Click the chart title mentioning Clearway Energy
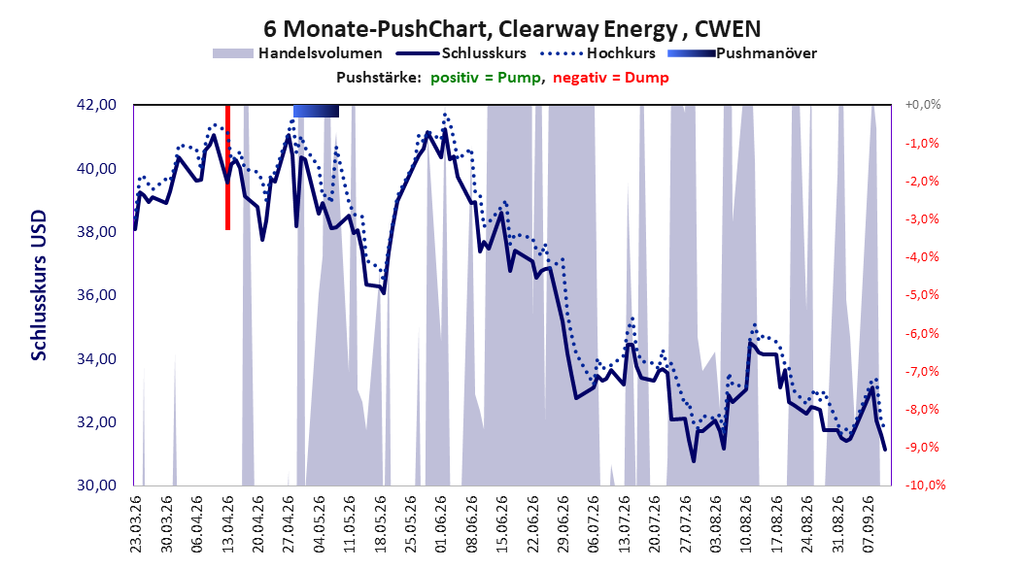[512, 29]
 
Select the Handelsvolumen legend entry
[298, 53]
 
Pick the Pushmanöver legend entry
[742, 53]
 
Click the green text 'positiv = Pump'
[486, 78]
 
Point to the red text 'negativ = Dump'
[611, 78]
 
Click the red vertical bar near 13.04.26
[228, 168]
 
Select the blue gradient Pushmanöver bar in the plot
[316, 111]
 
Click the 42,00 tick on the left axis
[96, 105]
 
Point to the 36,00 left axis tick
[96, 295]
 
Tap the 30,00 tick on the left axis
[96, 485]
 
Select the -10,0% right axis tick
[925, 485]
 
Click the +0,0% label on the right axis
[923, 105]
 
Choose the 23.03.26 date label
[136, 524]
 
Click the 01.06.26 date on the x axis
[441, 524]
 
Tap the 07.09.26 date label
[868, 524]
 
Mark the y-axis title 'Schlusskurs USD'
[39, 285]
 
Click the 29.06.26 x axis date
[563, 524]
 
